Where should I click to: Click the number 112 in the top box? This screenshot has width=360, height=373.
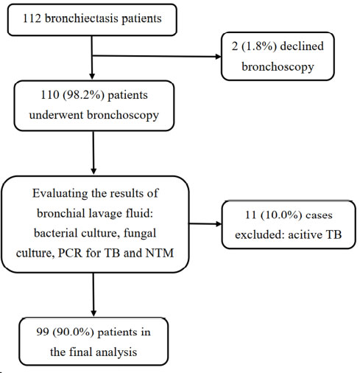coord(32,18)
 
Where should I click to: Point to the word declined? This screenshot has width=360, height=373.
coord(302,46)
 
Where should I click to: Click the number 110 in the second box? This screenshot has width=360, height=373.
coord(50,95)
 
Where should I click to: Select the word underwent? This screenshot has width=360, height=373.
coord(56,115)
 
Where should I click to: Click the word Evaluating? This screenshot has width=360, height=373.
coord(60,194)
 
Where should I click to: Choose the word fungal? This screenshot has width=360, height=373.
coord(140,233)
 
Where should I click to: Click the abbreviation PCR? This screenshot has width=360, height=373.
coord(70,253)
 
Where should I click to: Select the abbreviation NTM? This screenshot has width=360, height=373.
coord(160,253)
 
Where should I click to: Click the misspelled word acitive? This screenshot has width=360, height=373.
coord(304,234)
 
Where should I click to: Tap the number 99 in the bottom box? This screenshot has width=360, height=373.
coord(43,332)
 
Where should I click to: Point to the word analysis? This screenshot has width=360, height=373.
coord(116,352)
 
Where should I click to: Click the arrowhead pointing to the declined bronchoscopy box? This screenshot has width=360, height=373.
coord(218,57)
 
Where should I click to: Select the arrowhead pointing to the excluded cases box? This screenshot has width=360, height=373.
coord(219,224)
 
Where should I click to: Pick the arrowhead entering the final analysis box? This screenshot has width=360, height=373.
coord(93,313)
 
